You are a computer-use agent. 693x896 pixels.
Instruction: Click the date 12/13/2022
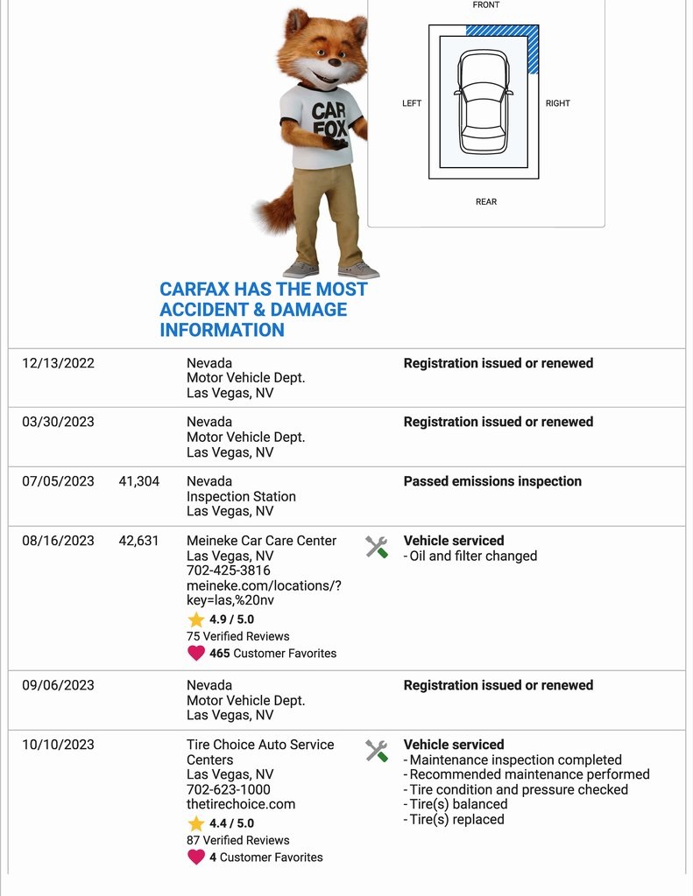tap(58, 363)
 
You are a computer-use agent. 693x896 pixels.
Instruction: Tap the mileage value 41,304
tap(139, 481)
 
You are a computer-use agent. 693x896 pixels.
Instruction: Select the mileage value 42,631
tap(139, 541)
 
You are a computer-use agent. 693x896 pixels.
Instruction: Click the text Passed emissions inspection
tap(492, 481)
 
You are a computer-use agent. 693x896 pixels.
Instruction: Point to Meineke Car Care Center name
tap(261, 541)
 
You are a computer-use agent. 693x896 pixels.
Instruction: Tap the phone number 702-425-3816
tap(229, 570)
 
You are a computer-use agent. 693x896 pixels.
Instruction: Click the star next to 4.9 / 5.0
tap(196, 619)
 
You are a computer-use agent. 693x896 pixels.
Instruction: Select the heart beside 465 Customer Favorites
tap(196, 653)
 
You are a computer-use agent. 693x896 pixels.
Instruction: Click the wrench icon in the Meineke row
tap(377, 548)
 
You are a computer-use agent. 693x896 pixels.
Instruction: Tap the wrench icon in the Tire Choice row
tap(377, 751)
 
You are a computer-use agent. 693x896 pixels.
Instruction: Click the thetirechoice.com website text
tap(241, 804)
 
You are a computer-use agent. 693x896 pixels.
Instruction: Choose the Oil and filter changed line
tap(472, 556)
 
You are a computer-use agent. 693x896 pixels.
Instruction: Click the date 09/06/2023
tap(58, 685)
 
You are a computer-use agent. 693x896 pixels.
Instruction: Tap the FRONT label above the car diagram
tap(486, 5)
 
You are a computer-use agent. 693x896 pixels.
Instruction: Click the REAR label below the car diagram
tap(486, 202)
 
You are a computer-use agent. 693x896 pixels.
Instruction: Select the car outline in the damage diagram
tap(483, 101)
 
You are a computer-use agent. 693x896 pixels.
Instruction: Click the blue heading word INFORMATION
tap(222, 330)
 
